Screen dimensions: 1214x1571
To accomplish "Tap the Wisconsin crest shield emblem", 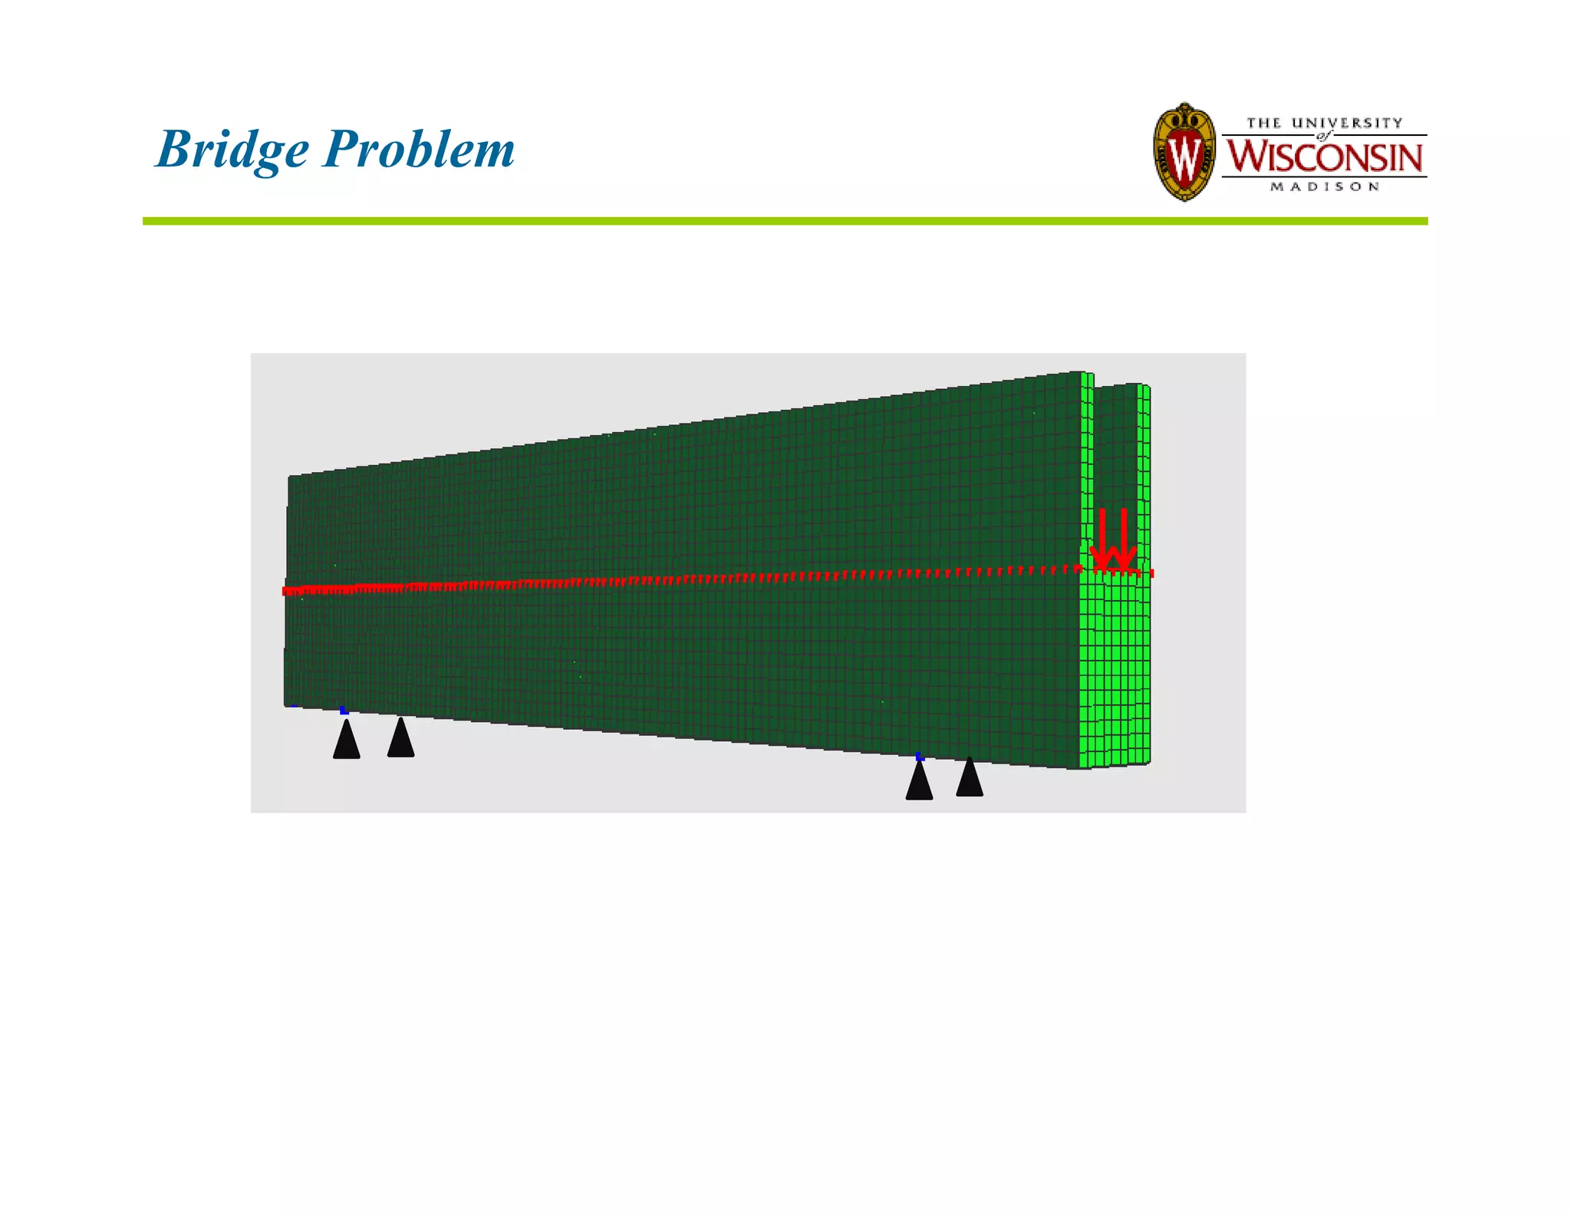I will tap(1184, 152).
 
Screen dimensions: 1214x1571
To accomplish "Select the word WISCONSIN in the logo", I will tap(1324, 157).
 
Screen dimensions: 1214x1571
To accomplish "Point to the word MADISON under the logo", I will tap(1325, 186).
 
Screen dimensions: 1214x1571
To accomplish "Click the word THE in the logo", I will tap(1264, 123).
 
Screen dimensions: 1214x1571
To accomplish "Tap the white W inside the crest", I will tap(1184, 156).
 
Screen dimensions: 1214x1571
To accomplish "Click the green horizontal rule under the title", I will tap(785, 221).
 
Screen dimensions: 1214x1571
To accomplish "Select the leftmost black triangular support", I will tap(347, 741).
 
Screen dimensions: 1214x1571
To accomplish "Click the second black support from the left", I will tap(400, 738).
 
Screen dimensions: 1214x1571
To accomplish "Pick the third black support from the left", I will tap(919, 781).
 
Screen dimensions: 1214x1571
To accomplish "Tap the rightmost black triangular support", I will tap(970, 777).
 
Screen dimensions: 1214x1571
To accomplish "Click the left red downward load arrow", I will tap(1102, 540).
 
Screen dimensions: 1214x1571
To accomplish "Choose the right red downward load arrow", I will tap(1124, 540).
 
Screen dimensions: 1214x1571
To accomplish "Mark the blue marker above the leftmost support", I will tap(344, 711).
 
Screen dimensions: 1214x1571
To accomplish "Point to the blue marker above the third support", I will tap(920, 757).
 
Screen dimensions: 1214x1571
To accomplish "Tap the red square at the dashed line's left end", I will tap(286, 591).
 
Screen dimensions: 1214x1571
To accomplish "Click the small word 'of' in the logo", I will tap(1323, 136).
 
